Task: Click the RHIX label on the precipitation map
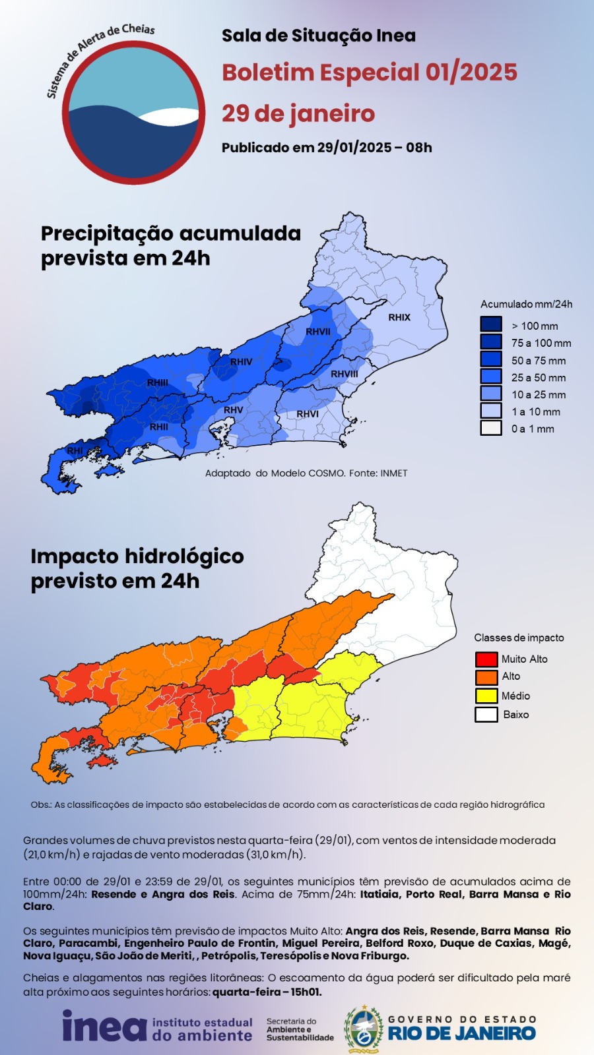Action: click(399, 317)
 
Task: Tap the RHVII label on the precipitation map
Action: click(318, 332)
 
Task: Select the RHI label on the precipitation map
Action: click(75, 451)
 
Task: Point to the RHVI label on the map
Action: click(308, 414)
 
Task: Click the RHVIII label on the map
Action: click(345, 374)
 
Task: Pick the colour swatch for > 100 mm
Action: click(491, 325)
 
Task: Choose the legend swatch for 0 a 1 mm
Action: click(491, 428)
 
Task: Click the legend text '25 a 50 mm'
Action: click(538, 378)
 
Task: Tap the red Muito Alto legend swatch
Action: click(486, 659)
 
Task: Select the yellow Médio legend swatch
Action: click(486, 696)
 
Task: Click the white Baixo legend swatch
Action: click(486, 714)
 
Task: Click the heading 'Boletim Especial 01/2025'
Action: click(369, 72)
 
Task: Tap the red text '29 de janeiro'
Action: click(298, 113)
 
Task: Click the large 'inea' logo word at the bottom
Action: click(104, 1027)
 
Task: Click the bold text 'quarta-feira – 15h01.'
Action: click(267, 992)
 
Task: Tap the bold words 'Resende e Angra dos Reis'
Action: click(162, 894)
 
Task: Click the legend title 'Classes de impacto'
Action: click(519, 638)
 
